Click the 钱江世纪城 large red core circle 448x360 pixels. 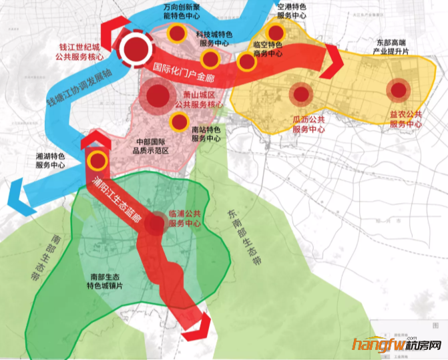point(136,47)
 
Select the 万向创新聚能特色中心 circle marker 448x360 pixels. point(177,33)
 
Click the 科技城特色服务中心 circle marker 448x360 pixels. point(210,60)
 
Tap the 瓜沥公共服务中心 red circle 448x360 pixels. point(301,94)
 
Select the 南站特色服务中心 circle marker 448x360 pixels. point(178,122)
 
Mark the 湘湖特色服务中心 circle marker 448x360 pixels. point(97,160)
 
